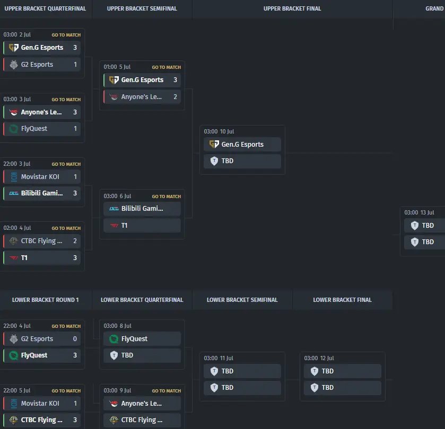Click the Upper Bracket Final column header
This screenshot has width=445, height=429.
(292, 9)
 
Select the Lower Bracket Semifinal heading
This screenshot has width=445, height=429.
(242, 300)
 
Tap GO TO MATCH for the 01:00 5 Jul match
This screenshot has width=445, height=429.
(167, 67)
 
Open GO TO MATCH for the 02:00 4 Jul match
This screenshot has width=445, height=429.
(66, 228)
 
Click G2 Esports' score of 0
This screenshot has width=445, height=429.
(75, 338)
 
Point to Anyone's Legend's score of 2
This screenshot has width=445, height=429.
(175, 96)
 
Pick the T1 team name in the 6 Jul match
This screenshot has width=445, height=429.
(124, 225)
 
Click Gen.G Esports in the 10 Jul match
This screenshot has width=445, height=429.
(242, 144)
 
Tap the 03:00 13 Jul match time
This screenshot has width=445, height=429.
(419, 212)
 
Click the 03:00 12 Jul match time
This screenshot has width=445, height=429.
(319, 358)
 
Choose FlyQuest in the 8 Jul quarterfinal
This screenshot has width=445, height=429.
(134, 338)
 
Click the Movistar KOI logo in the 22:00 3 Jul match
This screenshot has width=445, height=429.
(14, 177)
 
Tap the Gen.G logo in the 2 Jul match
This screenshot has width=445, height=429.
(14, 48)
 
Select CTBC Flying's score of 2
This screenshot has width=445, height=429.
(75, 241)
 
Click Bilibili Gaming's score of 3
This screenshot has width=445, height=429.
(75, 193)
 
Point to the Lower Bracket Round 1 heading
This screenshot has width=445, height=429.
(46, 300)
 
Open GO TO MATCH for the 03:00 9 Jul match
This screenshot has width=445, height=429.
(167, 391)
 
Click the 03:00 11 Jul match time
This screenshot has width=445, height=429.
(219, 358)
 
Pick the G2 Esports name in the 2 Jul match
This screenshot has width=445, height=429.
(37, 64)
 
